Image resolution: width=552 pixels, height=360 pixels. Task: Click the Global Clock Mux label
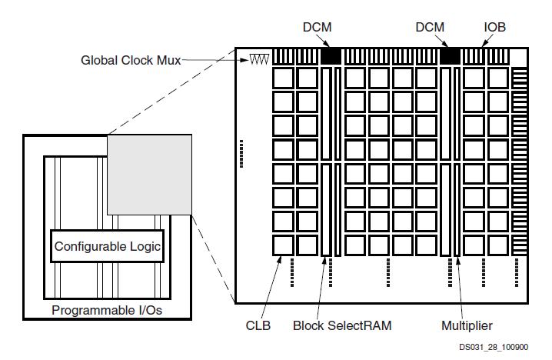pyautogui.click(x=131, y=60)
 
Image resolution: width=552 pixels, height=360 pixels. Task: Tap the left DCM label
pyautogui.click(x=318, y=27)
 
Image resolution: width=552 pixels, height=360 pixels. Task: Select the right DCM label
pyautogui.click(x=430, y=27)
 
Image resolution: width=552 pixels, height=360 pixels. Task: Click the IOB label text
pyautogui.click(x=494, y=27)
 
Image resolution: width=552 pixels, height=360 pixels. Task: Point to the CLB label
pyautogui.click(x=258, y=325)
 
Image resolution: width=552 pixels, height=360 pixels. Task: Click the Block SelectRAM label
pyautogui.click(x=342, y=325)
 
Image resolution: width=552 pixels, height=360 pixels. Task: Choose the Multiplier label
pyautogui.click(x=467, y=325)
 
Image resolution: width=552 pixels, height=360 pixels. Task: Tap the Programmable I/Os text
pyautogui.click(x=107, y=310)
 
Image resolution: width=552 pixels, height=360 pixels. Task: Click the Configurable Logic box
pyautogui.click(x=108, y=246)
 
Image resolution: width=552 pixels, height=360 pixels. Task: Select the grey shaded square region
pyautogui.click(x=150, y=175)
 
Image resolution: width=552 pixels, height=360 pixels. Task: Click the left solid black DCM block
pyautogui.click(x=331, y=56)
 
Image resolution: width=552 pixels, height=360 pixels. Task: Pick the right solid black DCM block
pyautogui.click(x=451, y=56)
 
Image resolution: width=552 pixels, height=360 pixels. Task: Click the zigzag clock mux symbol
pyautogui.click(x=259, y=59)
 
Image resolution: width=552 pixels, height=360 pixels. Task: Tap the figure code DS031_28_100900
pyautogui.click(x=494, y=348)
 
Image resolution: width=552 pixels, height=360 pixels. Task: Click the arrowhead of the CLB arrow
pyautogui.click(x=280, y=259)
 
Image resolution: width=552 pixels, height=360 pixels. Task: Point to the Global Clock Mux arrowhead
pyautogui.click(x=245, y=60)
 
